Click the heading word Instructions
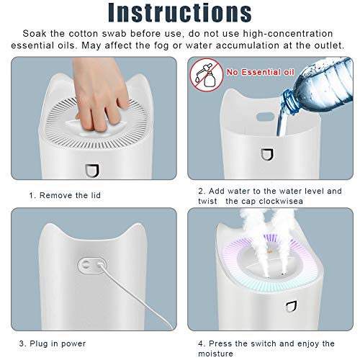click(x=179, y=13)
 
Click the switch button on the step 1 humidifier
click(x=90, y=171)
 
